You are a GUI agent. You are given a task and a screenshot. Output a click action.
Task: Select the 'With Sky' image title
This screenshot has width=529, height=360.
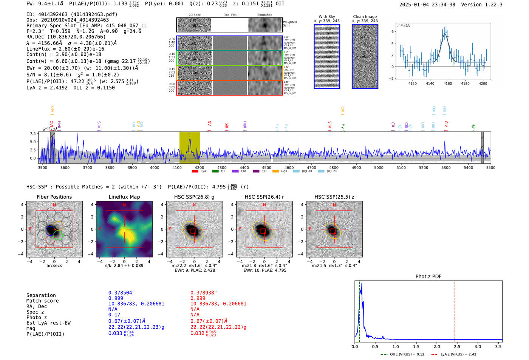pyautogui.click(x=327, y=17)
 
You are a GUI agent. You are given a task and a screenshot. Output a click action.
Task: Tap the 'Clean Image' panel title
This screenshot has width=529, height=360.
pyautogui.click(x=365, y=17)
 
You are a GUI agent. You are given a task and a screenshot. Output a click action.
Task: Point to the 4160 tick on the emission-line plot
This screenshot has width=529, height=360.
pyautogui.click(x=448, y=83)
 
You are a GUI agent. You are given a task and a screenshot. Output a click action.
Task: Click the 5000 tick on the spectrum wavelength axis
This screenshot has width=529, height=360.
pyautogui.click(x=379, y=167)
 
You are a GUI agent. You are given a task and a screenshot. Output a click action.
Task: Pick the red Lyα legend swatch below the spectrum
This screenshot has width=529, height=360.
pyautogui.click(x=195, y=171)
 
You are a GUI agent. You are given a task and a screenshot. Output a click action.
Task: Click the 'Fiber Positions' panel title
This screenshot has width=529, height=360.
pyautogui.click(x=54, y=197)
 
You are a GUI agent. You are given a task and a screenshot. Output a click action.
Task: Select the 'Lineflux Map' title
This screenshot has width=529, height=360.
pyautogui.click(x=124, y=197)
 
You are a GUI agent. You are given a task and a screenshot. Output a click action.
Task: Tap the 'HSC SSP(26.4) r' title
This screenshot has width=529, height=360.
pyautogui.click(x=264, y=197)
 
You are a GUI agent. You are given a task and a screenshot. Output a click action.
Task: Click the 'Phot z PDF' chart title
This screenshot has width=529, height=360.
pyautogui.click(x=428, y=277)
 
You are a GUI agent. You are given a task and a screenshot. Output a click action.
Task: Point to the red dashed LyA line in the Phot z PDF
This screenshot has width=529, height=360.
pyautogui.click(x=454, y=310)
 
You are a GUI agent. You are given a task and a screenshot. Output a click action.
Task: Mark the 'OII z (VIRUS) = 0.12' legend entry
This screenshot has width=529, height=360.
pyautogui.click(x=403, y=354)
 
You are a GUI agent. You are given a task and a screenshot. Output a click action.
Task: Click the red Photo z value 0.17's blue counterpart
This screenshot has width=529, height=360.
pyautogui.click(x=114, y=315)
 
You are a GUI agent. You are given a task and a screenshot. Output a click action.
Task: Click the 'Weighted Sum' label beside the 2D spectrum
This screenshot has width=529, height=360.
pyautogui.click(x=290, y=23)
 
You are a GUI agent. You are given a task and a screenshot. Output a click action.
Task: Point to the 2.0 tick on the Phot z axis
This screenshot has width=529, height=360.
pyautogui.click(x=437, y=346)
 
